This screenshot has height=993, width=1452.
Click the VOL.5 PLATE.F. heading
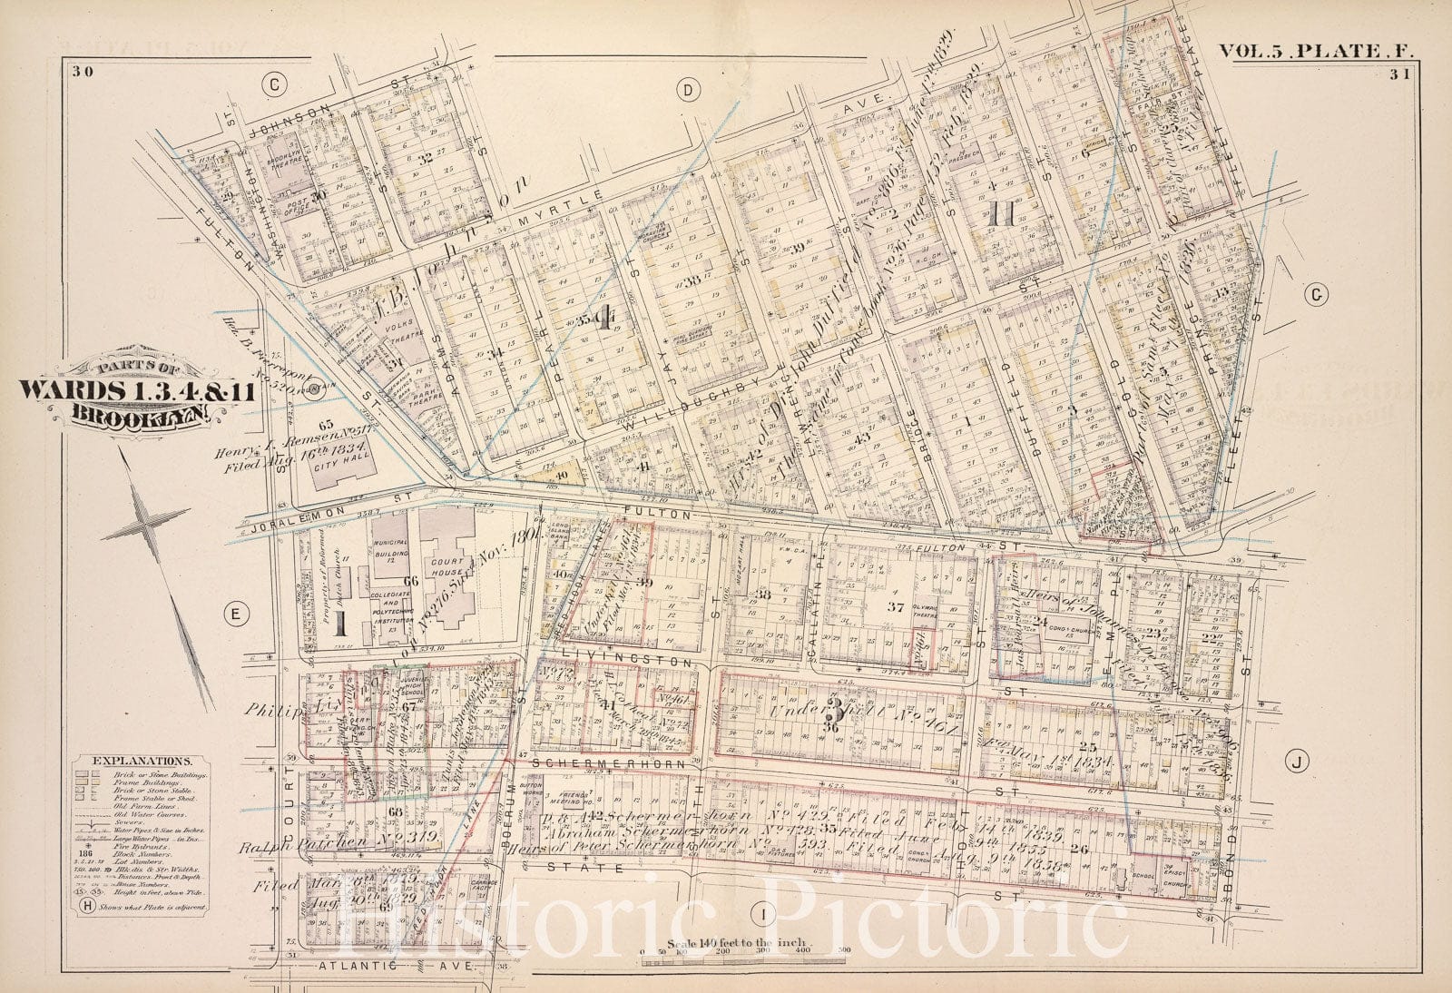point(1310,53)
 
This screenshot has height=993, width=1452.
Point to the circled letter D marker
point(689,89)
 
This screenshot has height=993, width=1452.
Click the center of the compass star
point(148,523)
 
